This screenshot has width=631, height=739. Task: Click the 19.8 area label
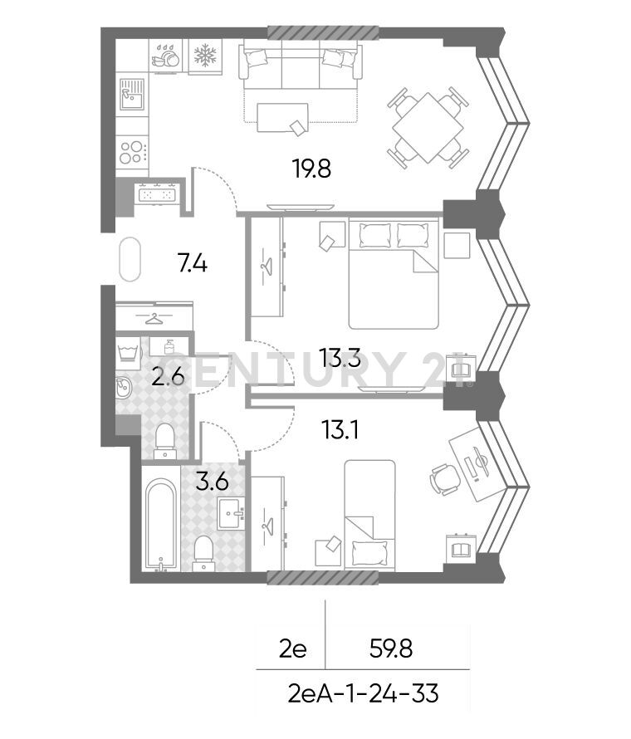click(311, 169)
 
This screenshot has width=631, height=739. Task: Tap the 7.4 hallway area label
click(193, 263)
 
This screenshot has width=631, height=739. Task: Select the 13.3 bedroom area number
click(340, 358)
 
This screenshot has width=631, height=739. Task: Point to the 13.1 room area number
click(340, 430)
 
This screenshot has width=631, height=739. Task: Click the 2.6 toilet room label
click(168, 377)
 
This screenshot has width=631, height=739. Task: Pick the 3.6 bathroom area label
click(212, 482)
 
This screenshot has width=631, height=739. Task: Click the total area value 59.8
click(391, 648)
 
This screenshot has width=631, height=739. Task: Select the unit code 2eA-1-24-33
click(364, 694)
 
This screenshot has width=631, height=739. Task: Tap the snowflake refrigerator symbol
click(205, 55)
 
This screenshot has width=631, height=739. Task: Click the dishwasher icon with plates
click(165, 56)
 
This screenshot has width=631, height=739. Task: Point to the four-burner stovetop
click(132, 152)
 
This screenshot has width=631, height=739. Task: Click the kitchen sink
click(131, 94)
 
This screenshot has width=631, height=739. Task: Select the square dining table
click(428, 128)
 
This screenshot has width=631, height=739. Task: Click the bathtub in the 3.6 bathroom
click(161, 524)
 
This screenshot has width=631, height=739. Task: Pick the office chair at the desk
click(445, 479)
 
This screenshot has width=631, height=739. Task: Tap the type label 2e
click(292, 649)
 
